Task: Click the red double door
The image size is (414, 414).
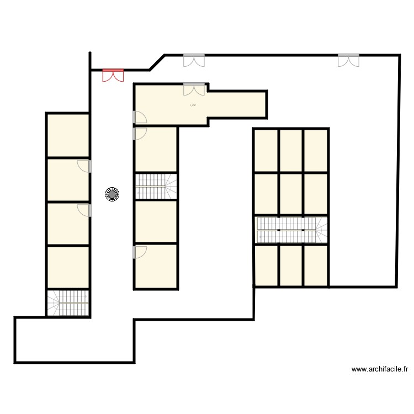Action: coord(113,75)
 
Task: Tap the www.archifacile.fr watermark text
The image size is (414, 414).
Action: coord(379,369)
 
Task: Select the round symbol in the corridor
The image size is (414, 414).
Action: coord(112,194)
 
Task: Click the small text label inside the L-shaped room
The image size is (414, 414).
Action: coord(193,104)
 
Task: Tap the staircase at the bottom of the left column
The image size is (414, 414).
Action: coord(68,303)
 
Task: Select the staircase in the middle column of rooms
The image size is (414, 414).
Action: coord(156,186)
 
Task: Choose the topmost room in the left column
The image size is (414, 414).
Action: coord(68,135)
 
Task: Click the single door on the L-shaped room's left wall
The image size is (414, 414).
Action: coord(139,117)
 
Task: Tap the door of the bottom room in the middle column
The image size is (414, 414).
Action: coord(139,252)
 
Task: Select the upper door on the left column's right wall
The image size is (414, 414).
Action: coord(85,166)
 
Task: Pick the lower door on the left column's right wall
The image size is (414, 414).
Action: coord(85,210)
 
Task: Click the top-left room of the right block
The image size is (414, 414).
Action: coord(266,151)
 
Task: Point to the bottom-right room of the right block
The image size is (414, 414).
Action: coord(316,266)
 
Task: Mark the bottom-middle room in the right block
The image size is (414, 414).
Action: coord(291,266)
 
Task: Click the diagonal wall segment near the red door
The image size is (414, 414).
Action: coord(157,62)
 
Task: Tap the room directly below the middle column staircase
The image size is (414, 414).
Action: coord(156,222)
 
